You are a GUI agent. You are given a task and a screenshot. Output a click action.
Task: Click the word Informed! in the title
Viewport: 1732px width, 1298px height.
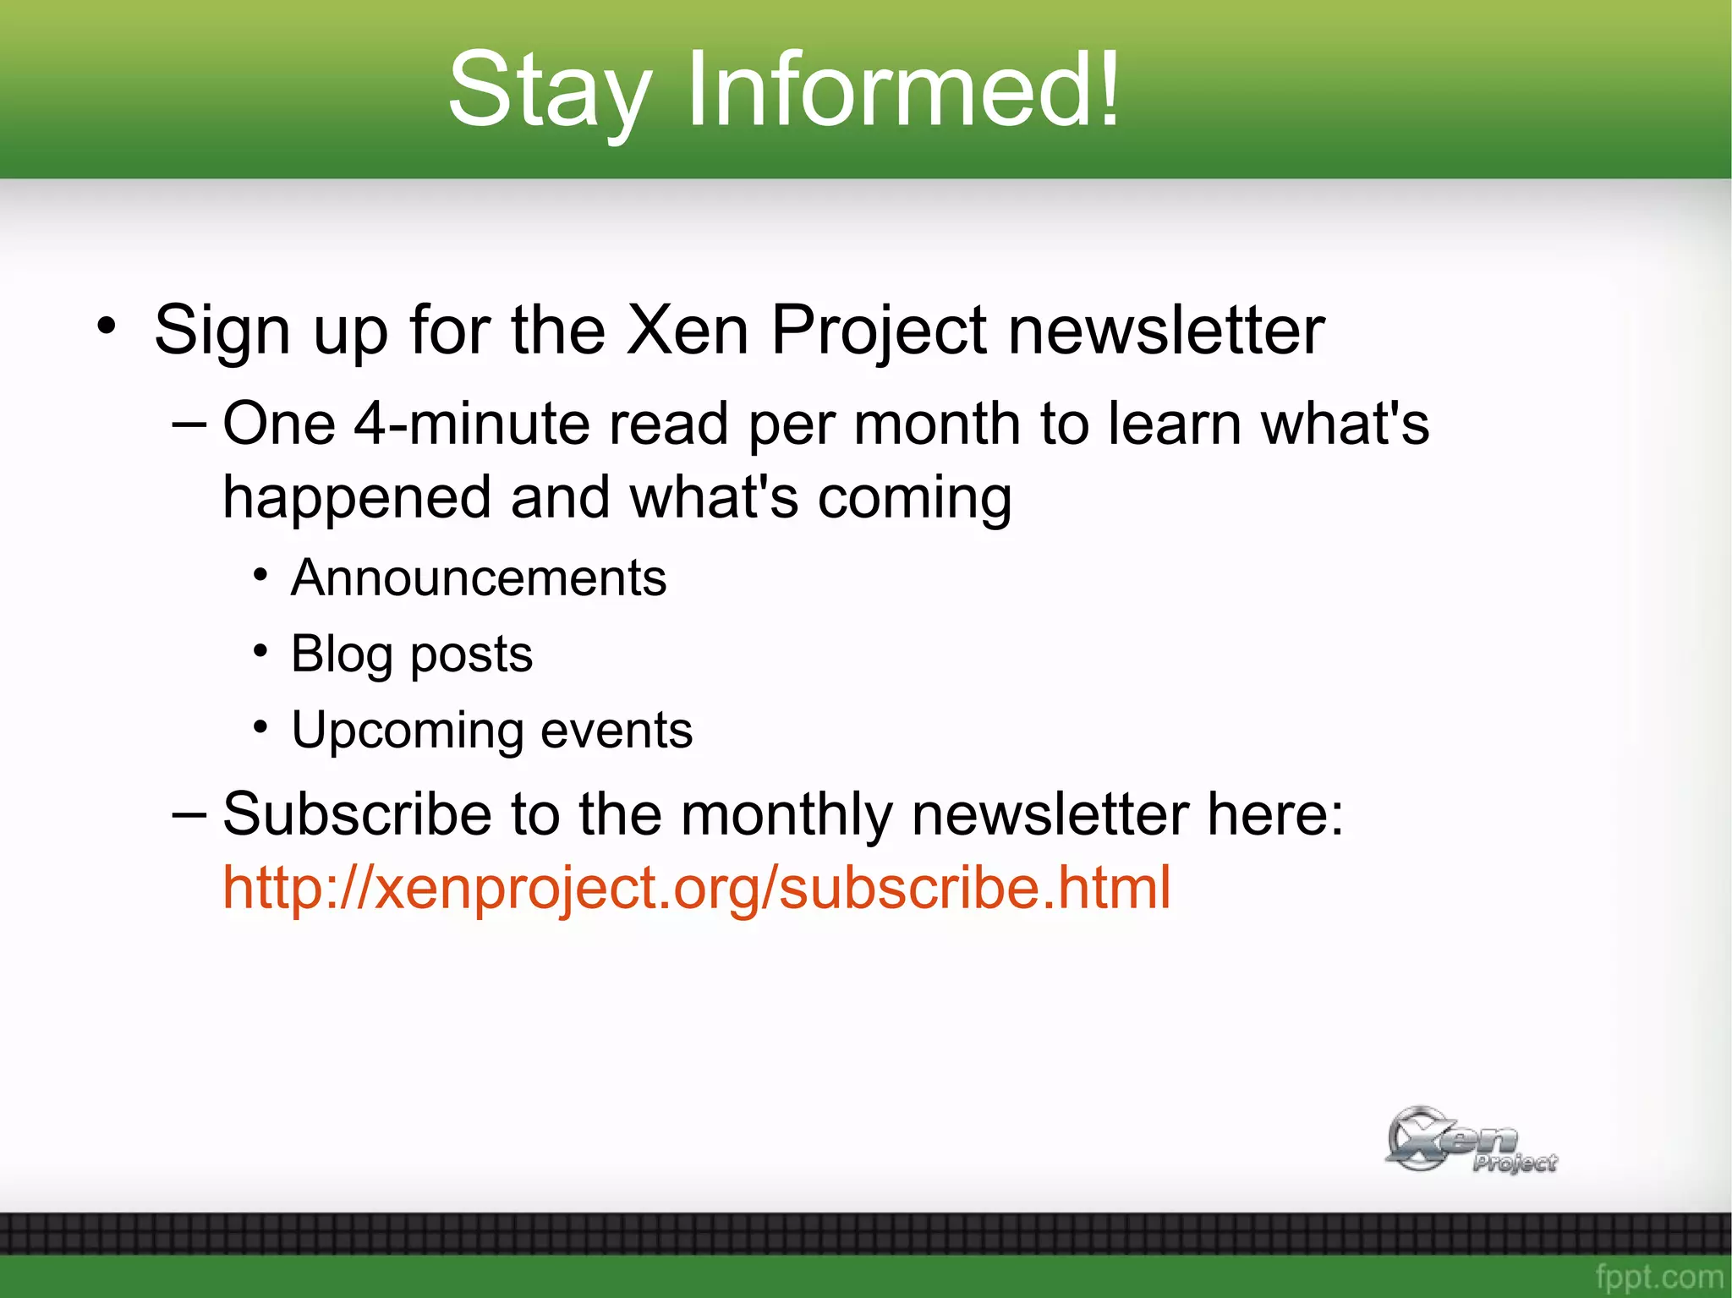click(903, 89)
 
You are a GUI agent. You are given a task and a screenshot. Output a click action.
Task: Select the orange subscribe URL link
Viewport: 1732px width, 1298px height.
click(696, 888)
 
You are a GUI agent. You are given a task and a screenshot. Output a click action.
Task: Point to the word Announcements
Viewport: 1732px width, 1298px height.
click(479, 578)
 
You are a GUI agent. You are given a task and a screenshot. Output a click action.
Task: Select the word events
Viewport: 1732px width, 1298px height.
click(617, 731)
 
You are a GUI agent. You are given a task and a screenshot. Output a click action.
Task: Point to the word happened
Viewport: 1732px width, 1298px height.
click(356, 499)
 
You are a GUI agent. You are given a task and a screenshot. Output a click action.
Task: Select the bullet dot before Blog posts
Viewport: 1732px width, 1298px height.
click(260, 651)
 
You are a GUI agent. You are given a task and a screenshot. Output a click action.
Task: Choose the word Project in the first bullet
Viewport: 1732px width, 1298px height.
click(879, 331)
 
